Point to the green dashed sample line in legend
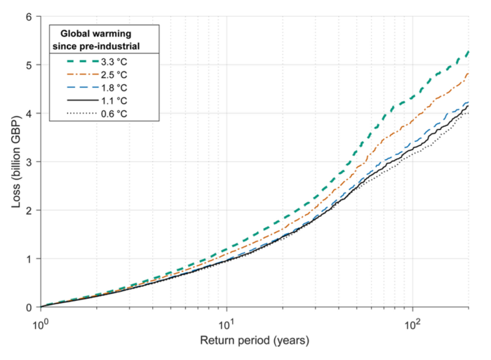coord(81,61)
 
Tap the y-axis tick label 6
coord(29,16)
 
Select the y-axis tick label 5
coord(29,65)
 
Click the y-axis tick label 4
coord(29,113)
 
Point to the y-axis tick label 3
coord(29,161)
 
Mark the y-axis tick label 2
coord(29,211)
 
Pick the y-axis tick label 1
coord(29,259)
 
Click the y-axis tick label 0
coord(29,307)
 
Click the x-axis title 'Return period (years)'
coord(254,342)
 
